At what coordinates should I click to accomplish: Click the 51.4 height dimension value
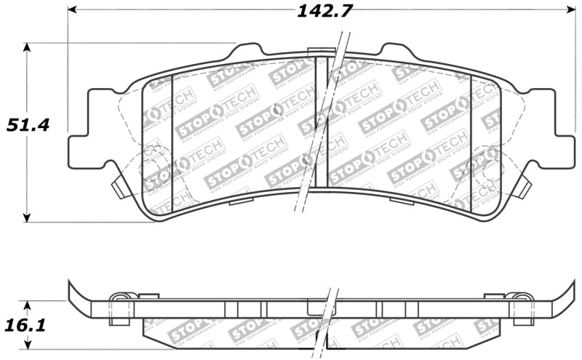[28, 124]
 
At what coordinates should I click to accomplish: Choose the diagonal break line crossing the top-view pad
[318, 131]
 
